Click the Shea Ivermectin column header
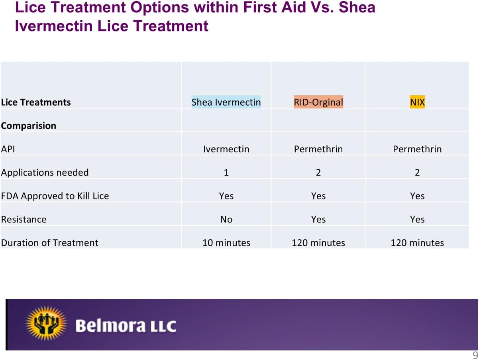(226, 102)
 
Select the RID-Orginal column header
(318, 102)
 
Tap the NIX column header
(417, 102)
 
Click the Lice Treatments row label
(36, 102)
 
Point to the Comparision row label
(29, 126)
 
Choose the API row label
(8, 149)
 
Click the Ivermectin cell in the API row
(226, 149)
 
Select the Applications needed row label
(45, 173)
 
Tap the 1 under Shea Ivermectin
(226, 173)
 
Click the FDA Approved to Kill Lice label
(55, 196)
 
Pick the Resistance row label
(24, 219)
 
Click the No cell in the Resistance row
(226, 219)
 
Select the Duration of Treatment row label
(49, 243)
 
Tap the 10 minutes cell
(226, 243)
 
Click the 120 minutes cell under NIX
(417, 243)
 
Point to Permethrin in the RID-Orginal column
(318, 149)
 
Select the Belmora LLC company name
(126, 326)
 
